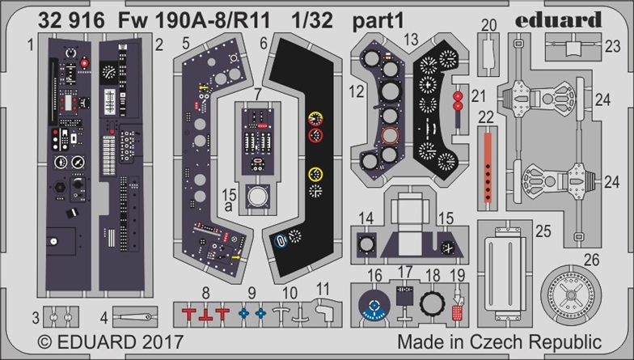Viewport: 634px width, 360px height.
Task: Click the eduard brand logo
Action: (558, 19)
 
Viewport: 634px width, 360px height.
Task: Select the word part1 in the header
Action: (378, 21)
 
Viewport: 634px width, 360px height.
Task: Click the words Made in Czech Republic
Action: (500, 341)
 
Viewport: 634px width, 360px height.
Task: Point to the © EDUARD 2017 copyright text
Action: (110, 342)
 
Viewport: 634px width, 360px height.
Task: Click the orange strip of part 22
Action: (488, 167)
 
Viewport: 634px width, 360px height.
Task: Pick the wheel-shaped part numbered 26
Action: (571, 294)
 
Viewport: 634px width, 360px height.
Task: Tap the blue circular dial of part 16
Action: (374, 305)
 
